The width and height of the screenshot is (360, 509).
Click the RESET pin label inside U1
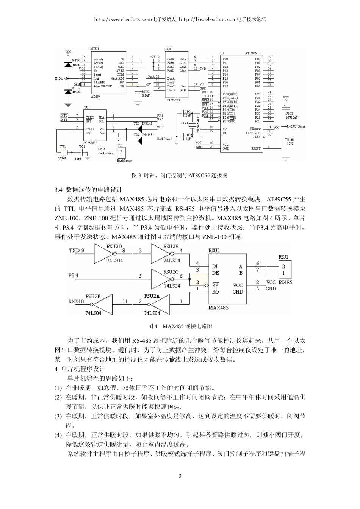tap(256, 149)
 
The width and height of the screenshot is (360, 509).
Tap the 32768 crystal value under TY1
tap(62, 158)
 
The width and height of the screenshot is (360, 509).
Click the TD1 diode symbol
tap(139, 127)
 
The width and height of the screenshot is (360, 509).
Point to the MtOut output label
tap(59, 78)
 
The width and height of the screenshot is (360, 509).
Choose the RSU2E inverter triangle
tap(102, 302)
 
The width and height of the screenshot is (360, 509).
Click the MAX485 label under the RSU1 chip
tap(219, 308)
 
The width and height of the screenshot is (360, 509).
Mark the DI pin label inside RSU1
tap(215, 266)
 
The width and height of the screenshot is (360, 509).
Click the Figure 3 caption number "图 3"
tap(136, 175)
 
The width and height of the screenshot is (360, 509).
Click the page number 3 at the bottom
tap(180, 476)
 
